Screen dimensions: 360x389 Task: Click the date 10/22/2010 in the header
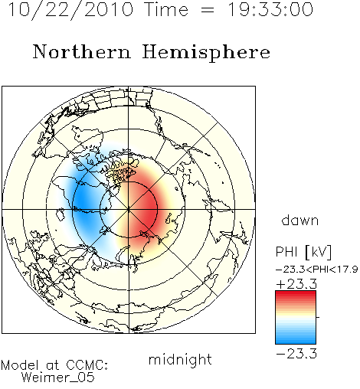point(70,9)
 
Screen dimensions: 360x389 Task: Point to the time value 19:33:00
point(270,9)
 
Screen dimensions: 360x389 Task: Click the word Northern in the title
point(82,51)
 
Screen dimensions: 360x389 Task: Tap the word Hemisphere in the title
point(206,52)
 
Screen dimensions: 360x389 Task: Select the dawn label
point(300,220)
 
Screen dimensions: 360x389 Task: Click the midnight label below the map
point(180,360)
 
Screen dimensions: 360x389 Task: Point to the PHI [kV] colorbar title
point(303,252)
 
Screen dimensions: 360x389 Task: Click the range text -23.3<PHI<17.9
point(316,270)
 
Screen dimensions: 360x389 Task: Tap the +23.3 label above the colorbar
point(296,284)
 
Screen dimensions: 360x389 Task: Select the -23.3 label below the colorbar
point(296,354)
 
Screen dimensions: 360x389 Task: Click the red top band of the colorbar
point(296,294)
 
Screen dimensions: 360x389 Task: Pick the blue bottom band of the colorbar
point(296,341)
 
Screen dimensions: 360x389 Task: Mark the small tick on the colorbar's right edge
point(318,317)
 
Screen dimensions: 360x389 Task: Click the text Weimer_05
point(58,377)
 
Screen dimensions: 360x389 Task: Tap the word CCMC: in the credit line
point(87,365)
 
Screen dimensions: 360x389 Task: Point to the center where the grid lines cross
point(129,209)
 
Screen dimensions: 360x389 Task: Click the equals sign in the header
point(208,10)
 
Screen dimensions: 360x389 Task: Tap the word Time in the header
point(166,9)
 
